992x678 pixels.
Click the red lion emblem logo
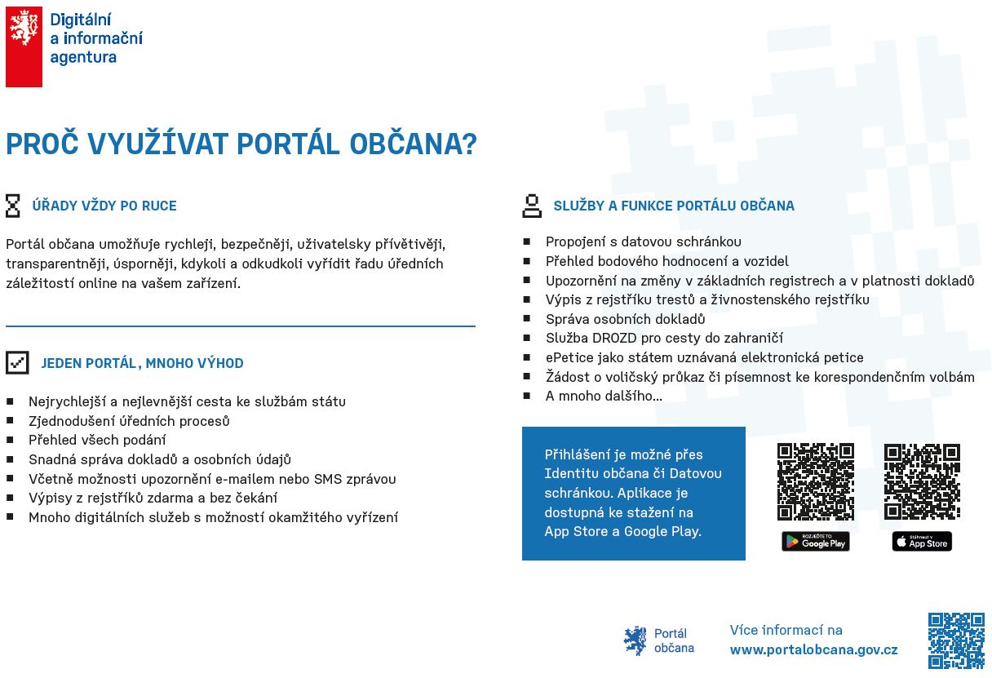pos(24,47)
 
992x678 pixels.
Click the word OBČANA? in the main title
pos(413,144)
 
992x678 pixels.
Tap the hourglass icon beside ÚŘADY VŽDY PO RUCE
pos(13,206)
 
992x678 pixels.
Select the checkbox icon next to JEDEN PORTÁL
pos(17,363)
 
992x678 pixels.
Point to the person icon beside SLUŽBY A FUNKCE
pos(532,206)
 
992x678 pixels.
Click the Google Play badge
pos(816,541)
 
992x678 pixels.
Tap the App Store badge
pos(922,541)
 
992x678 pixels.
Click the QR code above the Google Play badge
pos(816,481)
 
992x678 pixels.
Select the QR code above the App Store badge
pos(922,481)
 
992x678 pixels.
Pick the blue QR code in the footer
pos(956,640)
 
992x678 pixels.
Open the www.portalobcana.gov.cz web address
pos(813,649)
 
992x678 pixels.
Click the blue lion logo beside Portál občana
pos(635,640)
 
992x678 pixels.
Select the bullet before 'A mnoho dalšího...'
pos(526,396)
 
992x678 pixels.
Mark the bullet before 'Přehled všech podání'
pos(10,440)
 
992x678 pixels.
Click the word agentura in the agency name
pos(83,58)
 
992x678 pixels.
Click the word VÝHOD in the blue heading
pos(220,363)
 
